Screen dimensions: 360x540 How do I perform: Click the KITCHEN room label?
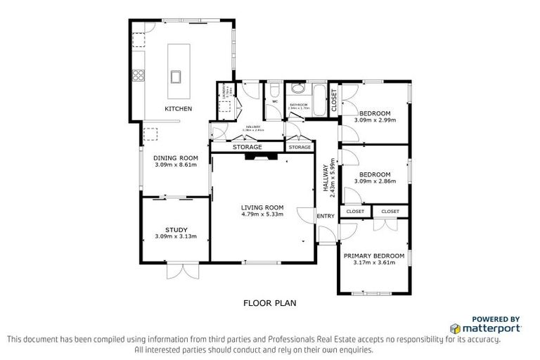[x=178, y=108]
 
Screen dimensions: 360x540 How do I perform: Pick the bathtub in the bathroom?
[x=319, y=99]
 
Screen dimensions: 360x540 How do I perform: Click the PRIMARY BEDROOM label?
[x=374, y=255]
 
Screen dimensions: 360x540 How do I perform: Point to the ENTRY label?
[x=326, y=216]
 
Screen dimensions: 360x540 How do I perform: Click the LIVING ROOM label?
[x=262, y=207]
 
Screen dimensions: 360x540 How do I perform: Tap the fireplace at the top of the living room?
[x=262, y=157]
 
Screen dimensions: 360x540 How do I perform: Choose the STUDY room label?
[x=176, y=229]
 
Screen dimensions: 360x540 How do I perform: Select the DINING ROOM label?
[x=176, y=157]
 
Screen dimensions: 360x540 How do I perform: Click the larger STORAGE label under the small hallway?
[x=247, y=147]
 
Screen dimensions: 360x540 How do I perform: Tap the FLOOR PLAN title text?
[x=269, y=304]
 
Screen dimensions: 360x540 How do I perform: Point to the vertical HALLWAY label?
[x=326, y=180]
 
